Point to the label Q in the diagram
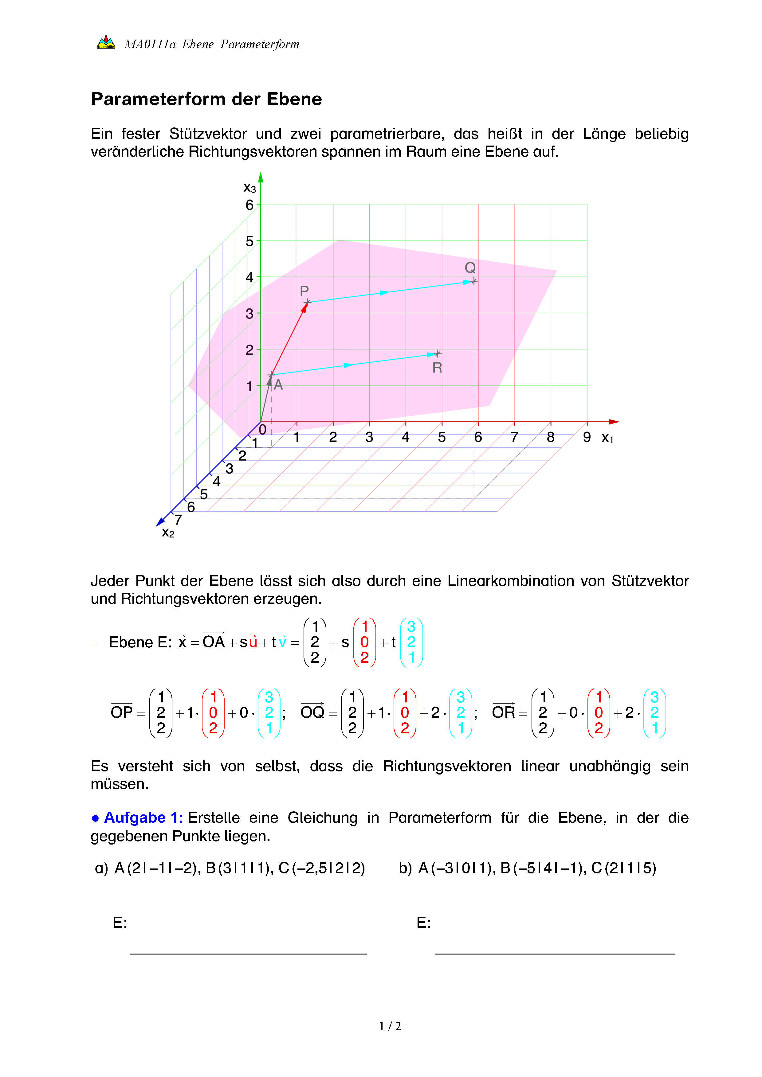click(x=470, y=268)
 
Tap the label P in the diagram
click(x=304, y=291)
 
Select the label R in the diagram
click(x=437, y=368)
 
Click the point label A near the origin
click(x=278, y=385)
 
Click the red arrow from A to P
click(x=289, y=339)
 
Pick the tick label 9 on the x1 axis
click(x=587, y=437)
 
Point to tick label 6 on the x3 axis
click(x=249, y=205)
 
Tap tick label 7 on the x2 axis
click(x=178, y=520)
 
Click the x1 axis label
click(x=607, y=438)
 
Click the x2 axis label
click(x=167, y=533)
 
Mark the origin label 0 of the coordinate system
click(x=262, y=429)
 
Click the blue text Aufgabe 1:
click(x=143, y=818)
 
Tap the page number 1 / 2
click(x=390, y=1026)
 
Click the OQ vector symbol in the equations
click(x=312, y=712)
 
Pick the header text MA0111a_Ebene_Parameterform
click(x=212, y=44)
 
